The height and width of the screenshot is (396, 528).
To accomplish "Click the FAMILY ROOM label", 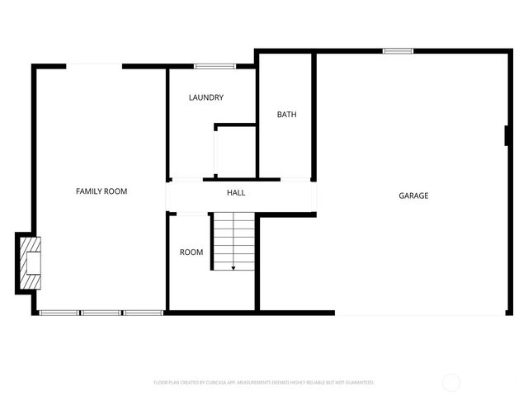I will [101, 191].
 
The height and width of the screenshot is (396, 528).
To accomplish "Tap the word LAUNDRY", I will [205, 97].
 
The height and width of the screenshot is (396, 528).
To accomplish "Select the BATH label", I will [286, 115].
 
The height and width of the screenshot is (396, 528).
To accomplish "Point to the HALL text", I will [236, 193].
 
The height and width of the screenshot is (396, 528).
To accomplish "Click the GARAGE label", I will [413, 196].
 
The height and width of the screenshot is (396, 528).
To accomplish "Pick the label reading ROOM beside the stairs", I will [191, 252].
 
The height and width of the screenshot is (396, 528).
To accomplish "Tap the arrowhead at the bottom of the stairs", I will [233, 267].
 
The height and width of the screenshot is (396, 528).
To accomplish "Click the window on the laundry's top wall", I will [210, 66].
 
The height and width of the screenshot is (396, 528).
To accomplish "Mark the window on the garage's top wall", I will [398, 51].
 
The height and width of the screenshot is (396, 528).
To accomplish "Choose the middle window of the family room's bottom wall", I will [101, 313].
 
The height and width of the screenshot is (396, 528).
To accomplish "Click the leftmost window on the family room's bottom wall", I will [59, 313].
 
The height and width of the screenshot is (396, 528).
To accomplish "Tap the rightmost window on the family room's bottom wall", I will [144, 313].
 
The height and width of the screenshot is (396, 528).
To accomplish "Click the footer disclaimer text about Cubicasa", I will [264, 382].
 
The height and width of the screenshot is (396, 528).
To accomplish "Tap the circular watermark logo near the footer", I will [451, 382].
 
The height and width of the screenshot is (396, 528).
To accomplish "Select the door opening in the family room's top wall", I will [95, 66].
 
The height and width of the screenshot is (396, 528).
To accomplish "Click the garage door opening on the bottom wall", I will [418, 313].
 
